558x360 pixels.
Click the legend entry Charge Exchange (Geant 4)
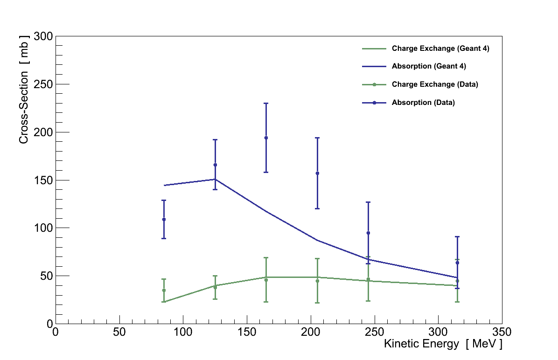click(x=440, y=48)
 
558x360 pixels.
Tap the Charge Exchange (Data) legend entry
click(x=434, y=84)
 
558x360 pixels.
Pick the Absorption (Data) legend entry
click(x=423, y=103)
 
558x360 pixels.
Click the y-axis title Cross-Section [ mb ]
click(x=24, y=89)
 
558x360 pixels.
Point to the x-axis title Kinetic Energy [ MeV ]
click(x=443, y=344)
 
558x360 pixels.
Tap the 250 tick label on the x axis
click(x=375, y=332)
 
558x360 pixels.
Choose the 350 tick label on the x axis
click(x=502, y=332)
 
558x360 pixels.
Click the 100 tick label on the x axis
click(x=183, y=332)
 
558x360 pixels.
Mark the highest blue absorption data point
click(x=266, y=138)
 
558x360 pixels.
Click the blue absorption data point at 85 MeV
click(x=164, y=219)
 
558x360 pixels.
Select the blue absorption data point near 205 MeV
click(x=317, y=173)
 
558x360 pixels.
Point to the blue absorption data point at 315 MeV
click(x=457, y=263)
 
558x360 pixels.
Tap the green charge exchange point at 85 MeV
click(x=164, y=290)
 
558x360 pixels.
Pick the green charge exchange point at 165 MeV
click(x=266, y=280)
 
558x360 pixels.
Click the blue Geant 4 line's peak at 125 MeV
click(x=215, y=179)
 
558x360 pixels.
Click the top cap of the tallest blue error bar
click(x=266, y=104)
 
